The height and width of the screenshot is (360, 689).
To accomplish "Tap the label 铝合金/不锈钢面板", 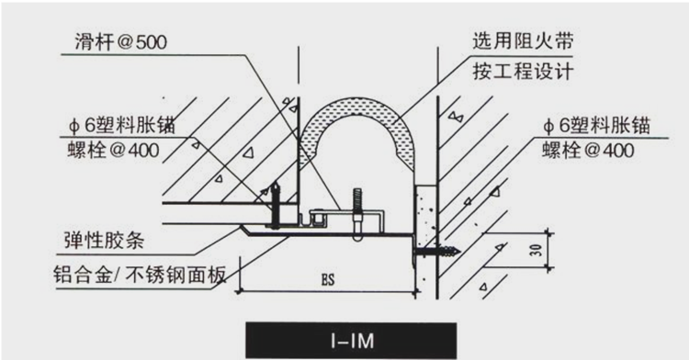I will click(x=147, y=274).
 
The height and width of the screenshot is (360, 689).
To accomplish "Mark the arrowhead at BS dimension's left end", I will click(x=242, y=292).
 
